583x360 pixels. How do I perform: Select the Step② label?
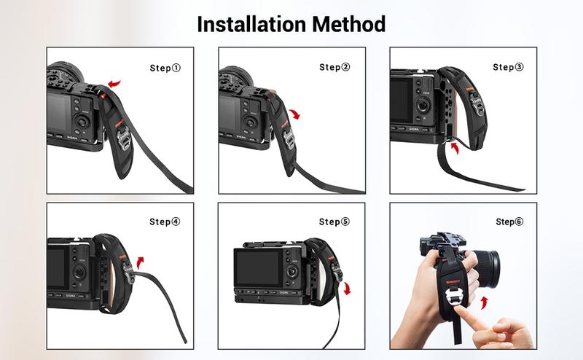(334, 68)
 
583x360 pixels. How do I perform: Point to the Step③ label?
(508, 68)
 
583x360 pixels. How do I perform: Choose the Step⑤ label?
(334, 222)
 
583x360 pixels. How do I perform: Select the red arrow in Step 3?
(455, 149)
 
